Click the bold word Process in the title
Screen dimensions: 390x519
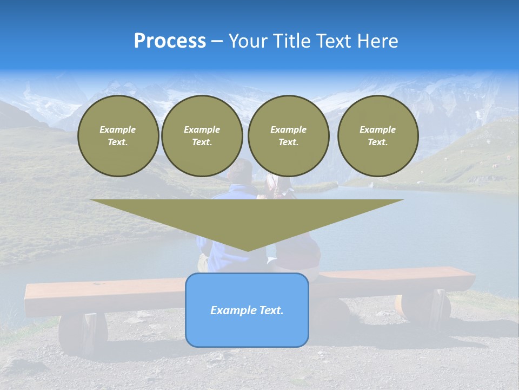coord(170,41)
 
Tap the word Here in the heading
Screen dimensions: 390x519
coord(377,41)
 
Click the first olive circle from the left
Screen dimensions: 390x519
coord(118,136)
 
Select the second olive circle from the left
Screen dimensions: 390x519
coord(202,136)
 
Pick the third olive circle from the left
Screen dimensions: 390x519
coord(289,136)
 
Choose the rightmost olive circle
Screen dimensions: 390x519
coord(378,136)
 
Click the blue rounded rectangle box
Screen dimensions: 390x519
coord(247,310)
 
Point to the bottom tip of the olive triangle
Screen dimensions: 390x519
coord(248,250)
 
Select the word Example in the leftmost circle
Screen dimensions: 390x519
coord(118,129)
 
